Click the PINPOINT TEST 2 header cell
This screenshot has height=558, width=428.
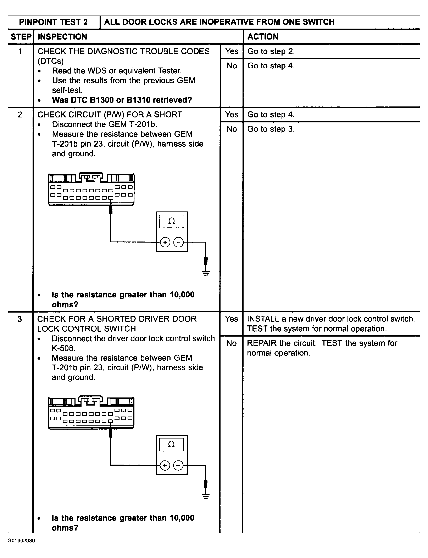[x=54, y=22]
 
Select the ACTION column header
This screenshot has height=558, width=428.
[x=263, y=37]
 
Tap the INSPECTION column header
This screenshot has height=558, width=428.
[x=62, y=37]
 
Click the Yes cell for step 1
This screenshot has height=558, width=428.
[x=232, y=51]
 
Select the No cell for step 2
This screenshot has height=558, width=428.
[x=232, y=129]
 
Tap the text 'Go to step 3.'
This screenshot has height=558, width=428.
[x=271, y=129]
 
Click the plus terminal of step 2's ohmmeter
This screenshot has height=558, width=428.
[x=165, y=242]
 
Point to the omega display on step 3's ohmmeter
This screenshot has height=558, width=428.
[x=171, y=444]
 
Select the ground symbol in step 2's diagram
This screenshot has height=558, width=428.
[x=206, y=273]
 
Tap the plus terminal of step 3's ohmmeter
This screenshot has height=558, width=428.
[x=165, y=465]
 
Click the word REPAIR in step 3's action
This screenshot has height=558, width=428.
[x=262, y=343]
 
